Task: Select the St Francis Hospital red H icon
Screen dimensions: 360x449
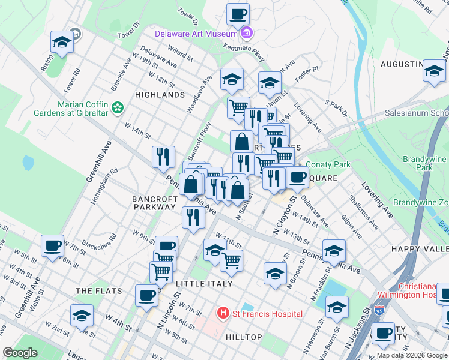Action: (223, 313)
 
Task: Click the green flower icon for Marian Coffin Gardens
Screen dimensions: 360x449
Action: (118, 107)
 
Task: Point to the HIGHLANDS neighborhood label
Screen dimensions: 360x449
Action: (160, 95)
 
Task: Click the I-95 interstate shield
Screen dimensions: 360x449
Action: (379, 310)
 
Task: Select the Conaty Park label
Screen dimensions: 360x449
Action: (328, 164)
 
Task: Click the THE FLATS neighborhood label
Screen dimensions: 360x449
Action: (99, 291)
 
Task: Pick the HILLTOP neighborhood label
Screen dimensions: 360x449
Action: (244, 337)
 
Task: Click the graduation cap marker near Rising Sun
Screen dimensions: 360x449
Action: (62, 42)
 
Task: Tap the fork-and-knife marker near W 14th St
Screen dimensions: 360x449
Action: (163, 157)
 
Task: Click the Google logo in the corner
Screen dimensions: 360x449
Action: (19, 353)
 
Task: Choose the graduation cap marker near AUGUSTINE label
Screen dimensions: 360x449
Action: (433, 71)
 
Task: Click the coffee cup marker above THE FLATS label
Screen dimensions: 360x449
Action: (147, 295)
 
